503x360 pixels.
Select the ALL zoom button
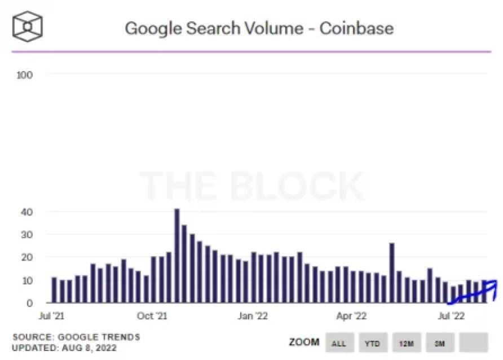coord(338,343)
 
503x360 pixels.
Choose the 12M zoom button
coord(406,343)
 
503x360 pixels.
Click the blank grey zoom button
coord(473,343)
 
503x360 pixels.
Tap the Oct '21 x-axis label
coord(153,316)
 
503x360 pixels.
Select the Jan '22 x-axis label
coord(253,316)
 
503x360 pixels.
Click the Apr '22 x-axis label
coord(351,316)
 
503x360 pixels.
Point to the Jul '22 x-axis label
coord(451,316)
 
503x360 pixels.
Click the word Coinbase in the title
coord(356,28)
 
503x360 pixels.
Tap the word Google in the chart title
coord(150,28)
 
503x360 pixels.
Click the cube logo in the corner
coord(28,25)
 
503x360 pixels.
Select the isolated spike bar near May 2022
coord(391,273)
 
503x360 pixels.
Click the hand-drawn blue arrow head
coord(493,285)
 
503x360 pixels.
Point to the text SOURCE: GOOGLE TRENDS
coord(76,337)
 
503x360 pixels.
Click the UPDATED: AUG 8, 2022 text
coord(64,348)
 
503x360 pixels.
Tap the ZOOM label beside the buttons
coord(304,343)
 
